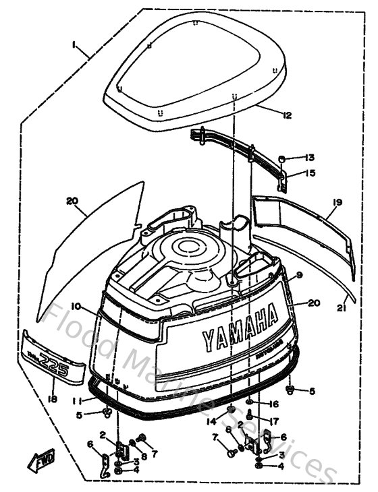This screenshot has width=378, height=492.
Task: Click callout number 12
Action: click(288, 116)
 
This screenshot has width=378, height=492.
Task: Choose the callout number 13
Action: click(308, 158)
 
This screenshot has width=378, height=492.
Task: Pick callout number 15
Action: click(309, 173)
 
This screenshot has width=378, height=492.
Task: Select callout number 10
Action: click(76, 307)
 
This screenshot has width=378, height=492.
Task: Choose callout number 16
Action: click(273, 404)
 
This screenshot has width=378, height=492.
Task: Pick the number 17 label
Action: click(273, 421)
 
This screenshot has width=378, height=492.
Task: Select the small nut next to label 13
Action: click(284, 159)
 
